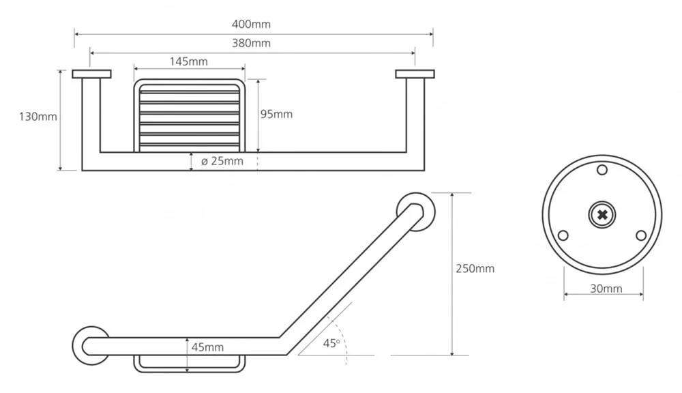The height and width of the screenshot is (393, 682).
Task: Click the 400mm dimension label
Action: click(251, 24)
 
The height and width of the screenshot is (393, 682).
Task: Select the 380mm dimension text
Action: click(251, 43)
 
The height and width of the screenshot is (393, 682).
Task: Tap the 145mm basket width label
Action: click(188, 61)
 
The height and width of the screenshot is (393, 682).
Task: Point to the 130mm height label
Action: click(38, 117)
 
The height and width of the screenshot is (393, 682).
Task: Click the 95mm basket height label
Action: click(276, 114)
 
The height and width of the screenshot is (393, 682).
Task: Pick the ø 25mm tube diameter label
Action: click(222, 161)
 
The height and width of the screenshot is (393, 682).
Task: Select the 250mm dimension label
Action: click(475, 269)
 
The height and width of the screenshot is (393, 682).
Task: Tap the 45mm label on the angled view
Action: click(207, 347)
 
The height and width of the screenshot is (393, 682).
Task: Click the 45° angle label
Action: click(331, 343)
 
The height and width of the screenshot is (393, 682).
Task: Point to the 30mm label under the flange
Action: click(606, 289)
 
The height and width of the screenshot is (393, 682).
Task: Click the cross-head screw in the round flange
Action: click(602, 214)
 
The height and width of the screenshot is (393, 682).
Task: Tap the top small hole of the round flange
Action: click(602, 170)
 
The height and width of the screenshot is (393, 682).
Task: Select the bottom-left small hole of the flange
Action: click(563, 235)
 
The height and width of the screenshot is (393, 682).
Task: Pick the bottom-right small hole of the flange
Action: click(641, 235)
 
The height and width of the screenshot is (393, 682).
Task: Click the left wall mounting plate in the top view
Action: click(92, 74)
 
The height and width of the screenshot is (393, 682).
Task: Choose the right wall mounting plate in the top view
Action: click(415, 74)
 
